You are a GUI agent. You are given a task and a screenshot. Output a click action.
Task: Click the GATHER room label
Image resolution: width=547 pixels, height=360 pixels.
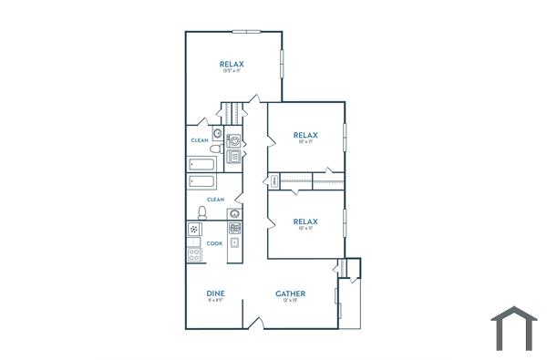[291, 293]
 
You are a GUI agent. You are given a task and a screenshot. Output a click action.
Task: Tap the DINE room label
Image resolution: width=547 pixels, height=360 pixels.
[216, 293]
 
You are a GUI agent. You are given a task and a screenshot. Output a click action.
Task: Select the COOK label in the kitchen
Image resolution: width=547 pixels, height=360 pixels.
[214, 243]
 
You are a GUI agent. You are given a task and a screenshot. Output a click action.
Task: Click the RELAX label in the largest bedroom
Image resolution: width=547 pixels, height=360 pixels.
[232, 64]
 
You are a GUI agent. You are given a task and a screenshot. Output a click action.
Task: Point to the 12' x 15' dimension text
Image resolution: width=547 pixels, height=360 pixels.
[291, 301]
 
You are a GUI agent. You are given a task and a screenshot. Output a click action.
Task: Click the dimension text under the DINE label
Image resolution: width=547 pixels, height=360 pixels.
[216, 301]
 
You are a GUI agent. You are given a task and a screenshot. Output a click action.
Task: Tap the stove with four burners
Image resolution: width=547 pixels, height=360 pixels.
[194, 254]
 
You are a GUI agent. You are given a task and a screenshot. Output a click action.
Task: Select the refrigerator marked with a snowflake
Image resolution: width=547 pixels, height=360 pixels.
[194, 229]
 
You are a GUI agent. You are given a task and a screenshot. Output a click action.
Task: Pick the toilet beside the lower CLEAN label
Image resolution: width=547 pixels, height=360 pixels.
[202, 212]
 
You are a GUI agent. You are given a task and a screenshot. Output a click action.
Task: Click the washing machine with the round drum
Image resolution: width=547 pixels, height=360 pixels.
[234, 141]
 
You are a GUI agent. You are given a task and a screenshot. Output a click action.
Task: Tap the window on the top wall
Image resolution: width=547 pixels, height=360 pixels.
[246, 32]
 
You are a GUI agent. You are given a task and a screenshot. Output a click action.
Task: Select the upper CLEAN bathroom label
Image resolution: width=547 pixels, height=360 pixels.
[199, 140]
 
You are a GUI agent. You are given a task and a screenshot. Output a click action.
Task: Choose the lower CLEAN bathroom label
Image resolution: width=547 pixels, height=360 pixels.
[215, 199]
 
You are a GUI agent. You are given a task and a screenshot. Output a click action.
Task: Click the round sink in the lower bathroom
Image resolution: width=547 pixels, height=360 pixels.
[234, 215]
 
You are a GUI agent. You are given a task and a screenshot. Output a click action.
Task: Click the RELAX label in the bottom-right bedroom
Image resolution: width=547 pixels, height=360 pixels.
[304, 221]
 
